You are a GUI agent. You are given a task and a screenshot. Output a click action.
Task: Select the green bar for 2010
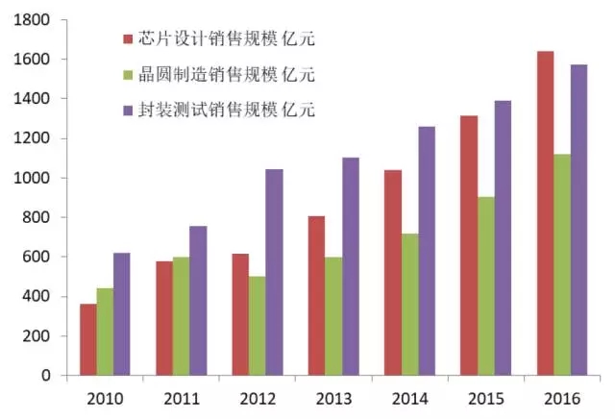click(105, 332)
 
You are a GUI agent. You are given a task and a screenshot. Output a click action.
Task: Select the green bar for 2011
click(181, 316)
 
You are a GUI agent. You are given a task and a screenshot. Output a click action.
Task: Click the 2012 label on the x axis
click(257, 397)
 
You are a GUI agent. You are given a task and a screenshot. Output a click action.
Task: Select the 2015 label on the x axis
click(485, 397)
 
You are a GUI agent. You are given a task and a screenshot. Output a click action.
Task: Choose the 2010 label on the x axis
click(104, 397)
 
